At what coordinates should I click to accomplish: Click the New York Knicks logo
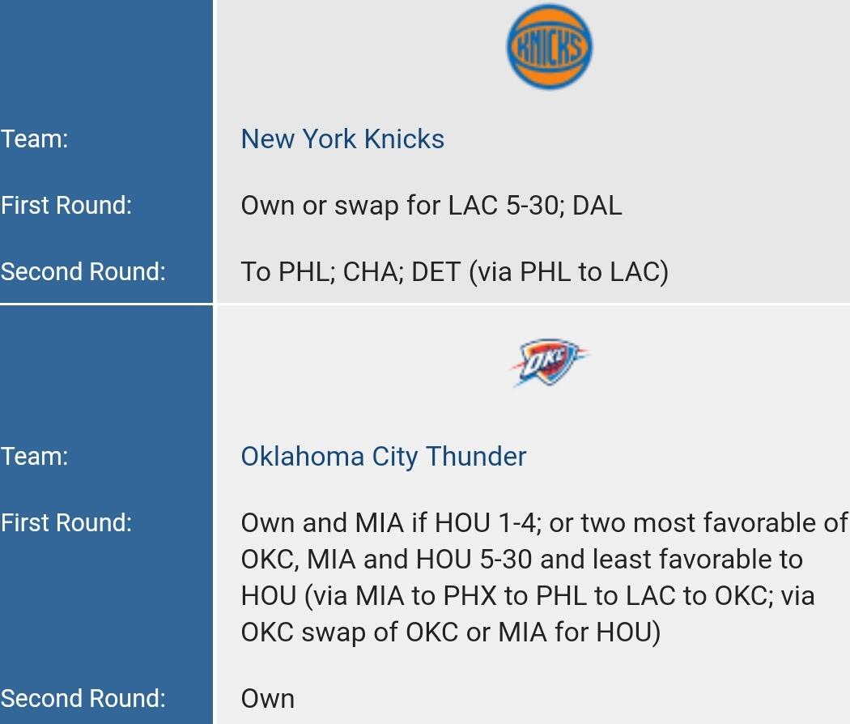coord(549,47)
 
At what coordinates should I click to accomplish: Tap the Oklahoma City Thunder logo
coord(549,362)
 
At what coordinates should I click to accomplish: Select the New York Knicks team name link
coord(342,138)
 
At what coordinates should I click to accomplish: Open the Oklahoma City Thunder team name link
coord(383,457)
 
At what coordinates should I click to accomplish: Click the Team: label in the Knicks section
coord(34,138)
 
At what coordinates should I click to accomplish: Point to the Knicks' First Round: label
coord(66,206)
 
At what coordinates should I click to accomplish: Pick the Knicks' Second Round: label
coord(83,272)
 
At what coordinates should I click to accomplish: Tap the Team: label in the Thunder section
coord(34,457)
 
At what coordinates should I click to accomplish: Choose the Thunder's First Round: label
coord(66,523)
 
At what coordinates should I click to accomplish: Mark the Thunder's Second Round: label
coord(83,699)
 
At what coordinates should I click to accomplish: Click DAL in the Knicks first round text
coord(597,206)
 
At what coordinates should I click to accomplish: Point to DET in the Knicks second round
coord(436,272)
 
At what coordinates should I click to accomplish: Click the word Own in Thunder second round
coord(268,699)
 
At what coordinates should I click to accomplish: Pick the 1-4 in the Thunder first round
coord(519,523)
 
